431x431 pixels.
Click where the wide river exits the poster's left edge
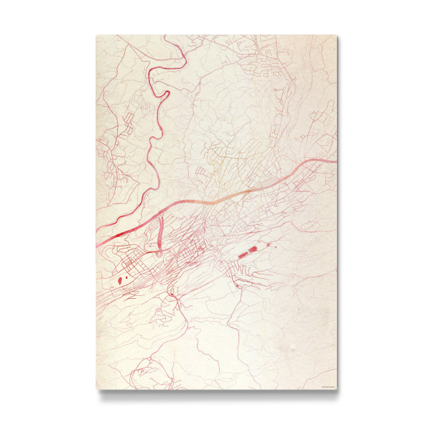coord(98,245)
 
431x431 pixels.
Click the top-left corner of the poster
coord(96,35)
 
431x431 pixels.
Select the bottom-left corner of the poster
coord(96,390)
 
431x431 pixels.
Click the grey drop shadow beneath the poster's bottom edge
coord(215,394)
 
